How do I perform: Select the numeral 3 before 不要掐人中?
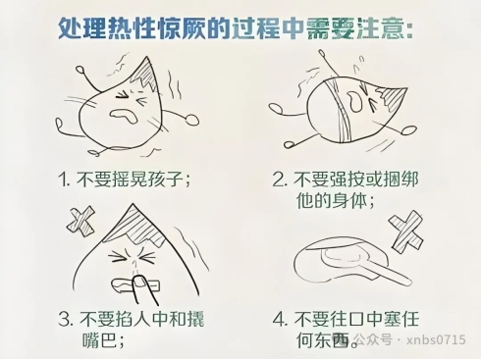coord(67,319)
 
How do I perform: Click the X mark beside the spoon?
coord(406,231)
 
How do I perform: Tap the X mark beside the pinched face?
coord(80,223)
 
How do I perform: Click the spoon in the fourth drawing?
coord(351,262)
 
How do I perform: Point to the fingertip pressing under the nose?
coord(141,283)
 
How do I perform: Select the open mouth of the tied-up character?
coord(354,100)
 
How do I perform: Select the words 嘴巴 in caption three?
coord(99,340)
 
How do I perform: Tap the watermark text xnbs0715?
coord(436,339)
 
